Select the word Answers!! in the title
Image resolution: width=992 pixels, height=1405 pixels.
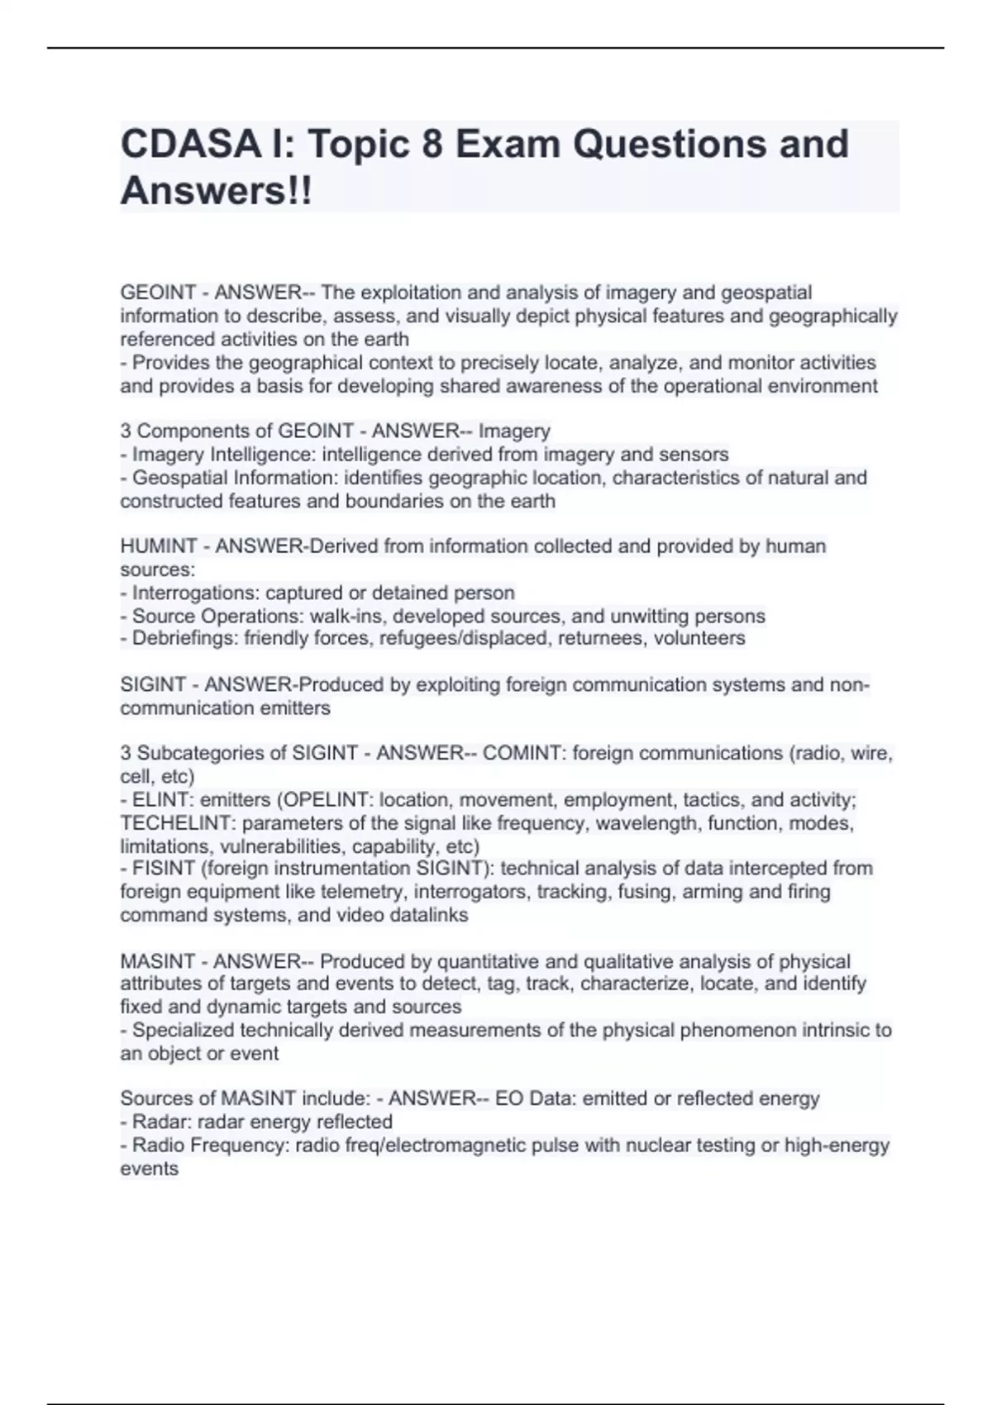(217, 192)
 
